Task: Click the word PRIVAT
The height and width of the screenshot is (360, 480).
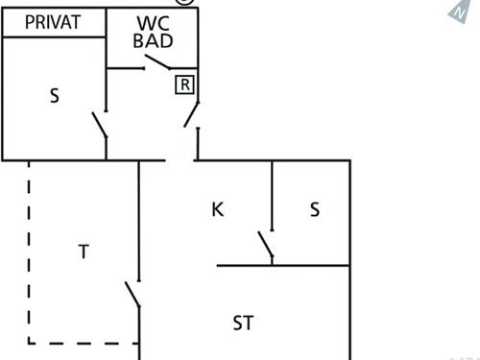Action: (52, 22)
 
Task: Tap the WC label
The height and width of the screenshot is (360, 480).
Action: (153, 23)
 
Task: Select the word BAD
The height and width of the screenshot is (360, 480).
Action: (153, 43)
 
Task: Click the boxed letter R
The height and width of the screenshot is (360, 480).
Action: (185, 84)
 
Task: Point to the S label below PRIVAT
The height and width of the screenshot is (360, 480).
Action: (54, 95)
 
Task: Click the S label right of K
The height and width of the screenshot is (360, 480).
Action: (314, 210)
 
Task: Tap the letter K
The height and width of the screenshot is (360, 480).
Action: (217, 209)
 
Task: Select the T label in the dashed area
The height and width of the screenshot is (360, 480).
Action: (84, 252)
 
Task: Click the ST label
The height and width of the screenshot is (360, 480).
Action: (243, 323)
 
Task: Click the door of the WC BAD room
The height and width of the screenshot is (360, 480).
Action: (156, 63)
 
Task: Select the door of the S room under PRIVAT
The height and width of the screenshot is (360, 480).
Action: (100, 126)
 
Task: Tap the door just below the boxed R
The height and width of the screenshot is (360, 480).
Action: (191, 114)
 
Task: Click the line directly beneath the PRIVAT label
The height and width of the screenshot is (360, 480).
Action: (53, 37)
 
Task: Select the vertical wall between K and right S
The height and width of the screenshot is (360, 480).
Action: (272, 196)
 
